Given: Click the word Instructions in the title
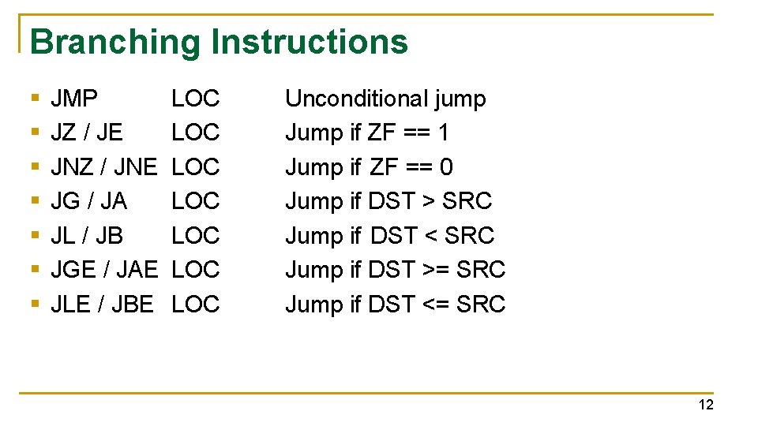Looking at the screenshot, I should (310, 42).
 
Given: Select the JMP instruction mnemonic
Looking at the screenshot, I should (74, 99).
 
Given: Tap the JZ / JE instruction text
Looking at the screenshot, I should (87, 133).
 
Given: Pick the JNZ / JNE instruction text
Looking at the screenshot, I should (104, 167).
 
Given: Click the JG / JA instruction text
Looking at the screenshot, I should (88, 201).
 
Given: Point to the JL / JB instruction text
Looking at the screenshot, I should (87, 235).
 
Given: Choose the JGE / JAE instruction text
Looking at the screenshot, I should (104, 270).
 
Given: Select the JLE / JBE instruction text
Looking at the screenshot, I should (102, 304).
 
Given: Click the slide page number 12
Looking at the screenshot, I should (705, 405).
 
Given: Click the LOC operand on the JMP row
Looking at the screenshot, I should (195, 99).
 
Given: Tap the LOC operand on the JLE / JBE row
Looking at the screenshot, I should (195, 304).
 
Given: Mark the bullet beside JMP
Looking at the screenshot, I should (34, 99).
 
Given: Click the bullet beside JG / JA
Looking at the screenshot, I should (34, 202).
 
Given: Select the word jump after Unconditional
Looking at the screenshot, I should (460, 99).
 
